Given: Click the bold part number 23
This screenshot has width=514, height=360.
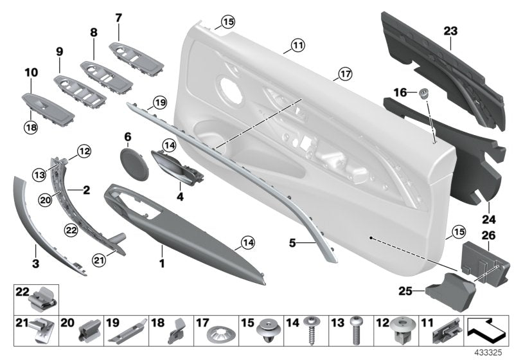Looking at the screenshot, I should coord(450,30).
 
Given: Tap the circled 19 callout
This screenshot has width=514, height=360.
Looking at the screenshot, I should coord(159,102).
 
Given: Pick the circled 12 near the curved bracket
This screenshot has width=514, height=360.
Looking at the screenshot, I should coord(84,151).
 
